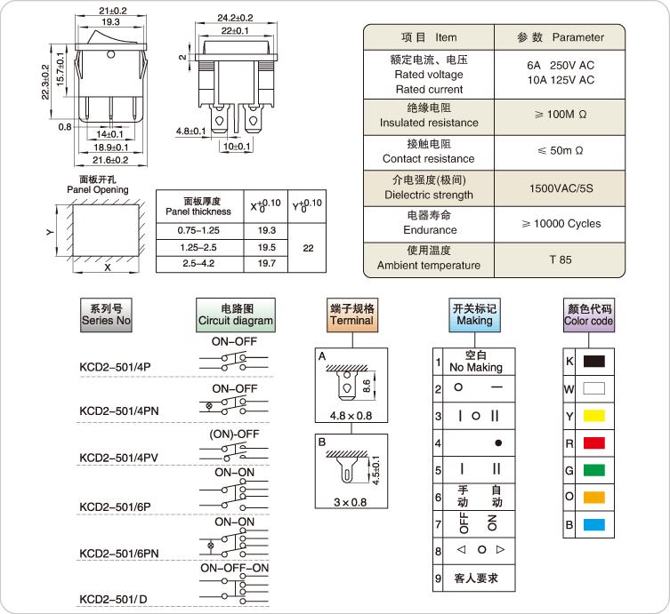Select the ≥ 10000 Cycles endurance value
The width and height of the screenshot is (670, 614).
point(561,224)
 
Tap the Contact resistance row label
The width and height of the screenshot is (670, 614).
point(428,152)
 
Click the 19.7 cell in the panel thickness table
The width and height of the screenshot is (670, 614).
point(267,264)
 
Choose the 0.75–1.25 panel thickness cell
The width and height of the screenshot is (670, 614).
point(198,230)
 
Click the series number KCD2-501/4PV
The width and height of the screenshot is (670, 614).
point(119,457)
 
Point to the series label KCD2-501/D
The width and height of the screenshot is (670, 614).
point(113,598)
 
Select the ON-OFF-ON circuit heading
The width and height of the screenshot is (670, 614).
point(234,568)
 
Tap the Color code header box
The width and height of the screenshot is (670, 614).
point(588,315)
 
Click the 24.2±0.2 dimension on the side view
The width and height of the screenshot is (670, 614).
point(235,17)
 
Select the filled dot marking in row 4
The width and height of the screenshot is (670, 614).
point(498,443)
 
